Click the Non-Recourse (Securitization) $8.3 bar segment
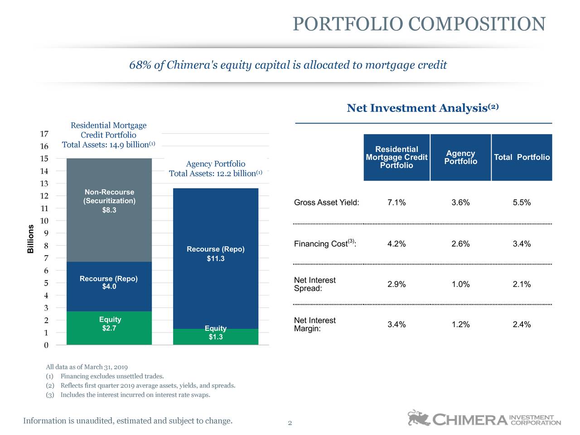(x=109, y=210)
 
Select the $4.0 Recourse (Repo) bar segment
(x=109, y=286)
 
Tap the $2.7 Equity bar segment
(x=109, y=328)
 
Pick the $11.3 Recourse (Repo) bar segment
(x=216, y=258)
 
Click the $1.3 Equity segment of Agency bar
(x=216, y=337)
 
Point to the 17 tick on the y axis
(x=44, y=134)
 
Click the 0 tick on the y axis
(x=46, y=345)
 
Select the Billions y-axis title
(x=31, y=239)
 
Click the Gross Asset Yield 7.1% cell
(x=396, y=203)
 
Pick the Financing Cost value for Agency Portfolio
(x=460, y=244)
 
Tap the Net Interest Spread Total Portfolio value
(x=522, y=285)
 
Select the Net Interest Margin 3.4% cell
(x=396, y=324)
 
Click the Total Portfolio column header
(x=522, y=157)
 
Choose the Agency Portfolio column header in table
(x=460, y=157)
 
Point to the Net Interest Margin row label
(x=315, y=324)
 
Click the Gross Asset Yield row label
(x=326, y=203)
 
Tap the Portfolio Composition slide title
(x=419, y=24)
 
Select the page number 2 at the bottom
(x=290, y=423)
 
